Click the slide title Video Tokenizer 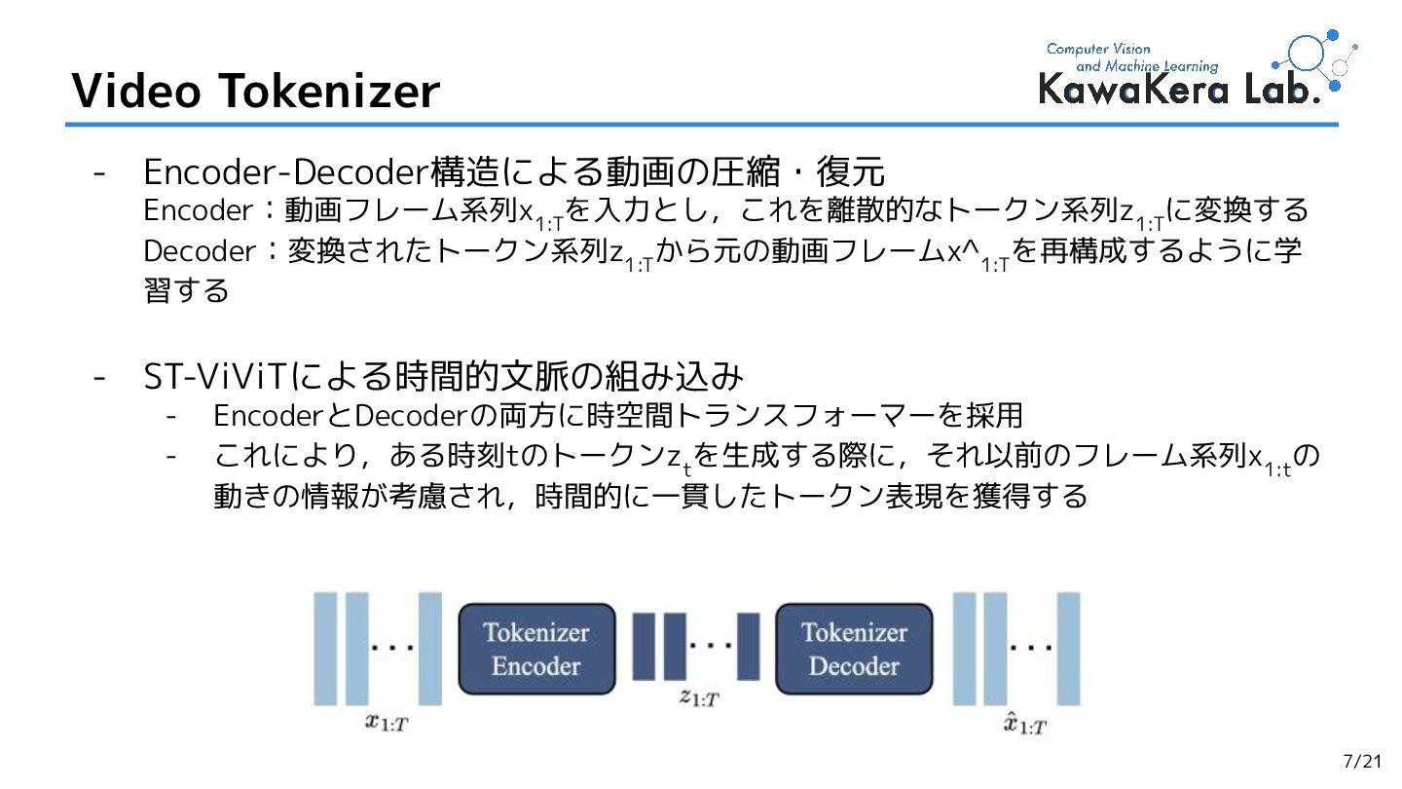(x=255, y=92)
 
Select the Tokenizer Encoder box (x=536, y=649)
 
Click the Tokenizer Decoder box (x=854, y=649)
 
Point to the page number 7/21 (x=1362, y=761)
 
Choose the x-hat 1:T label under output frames (x=1026, y=723)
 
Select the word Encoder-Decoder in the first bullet (x=286, y=173)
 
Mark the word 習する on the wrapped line (x=187, y=289)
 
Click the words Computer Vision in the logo (x=1098, y=49)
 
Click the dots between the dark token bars (x=711, y=645)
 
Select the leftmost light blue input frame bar (x=325, y=648)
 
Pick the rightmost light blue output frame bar (x=1068, y=648)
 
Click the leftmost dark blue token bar (x=644, y=646)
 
